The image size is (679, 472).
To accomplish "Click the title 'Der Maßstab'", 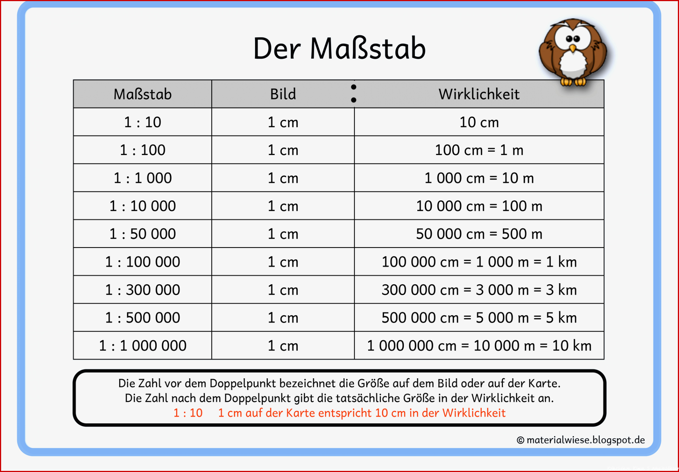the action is click(x=339, y=48).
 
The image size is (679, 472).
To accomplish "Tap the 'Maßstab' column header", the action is click(x=143, y=94).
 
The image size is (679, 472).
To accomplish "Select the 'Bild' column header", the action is click(x=283, y=94).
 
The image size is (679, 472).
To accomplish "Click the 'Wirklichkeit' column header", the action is click(x=479, y=94).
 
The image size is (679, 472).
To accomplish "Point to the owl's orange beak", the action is click(x=573, y=48).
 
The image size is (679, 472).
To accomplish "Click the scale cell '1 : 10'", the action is click(x=143, y=122).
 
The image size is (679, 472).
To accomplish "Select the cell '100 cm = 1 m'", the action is click(x=479, y=150).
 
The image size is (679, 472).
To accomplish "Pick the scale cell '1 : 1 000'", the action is click(x=143, y=178).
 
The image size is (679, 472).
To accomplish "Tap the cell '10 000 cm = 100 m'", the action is click(x=479, y=206).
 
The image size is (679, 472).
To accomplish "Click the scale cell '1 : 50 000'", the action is click(x=143, y=234).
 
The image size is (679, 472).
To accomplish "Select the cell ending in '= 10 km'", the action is click(x=479, y=346).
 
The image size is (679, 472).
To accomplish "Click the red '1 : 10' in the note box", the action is click(x=188, y=413).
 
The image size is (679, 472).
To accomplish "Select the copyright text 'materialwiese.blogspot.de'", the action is click(x=586, y=440).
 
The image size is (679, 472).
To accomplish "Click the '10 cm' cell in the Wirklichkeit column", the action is click(x=479, y=122).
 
